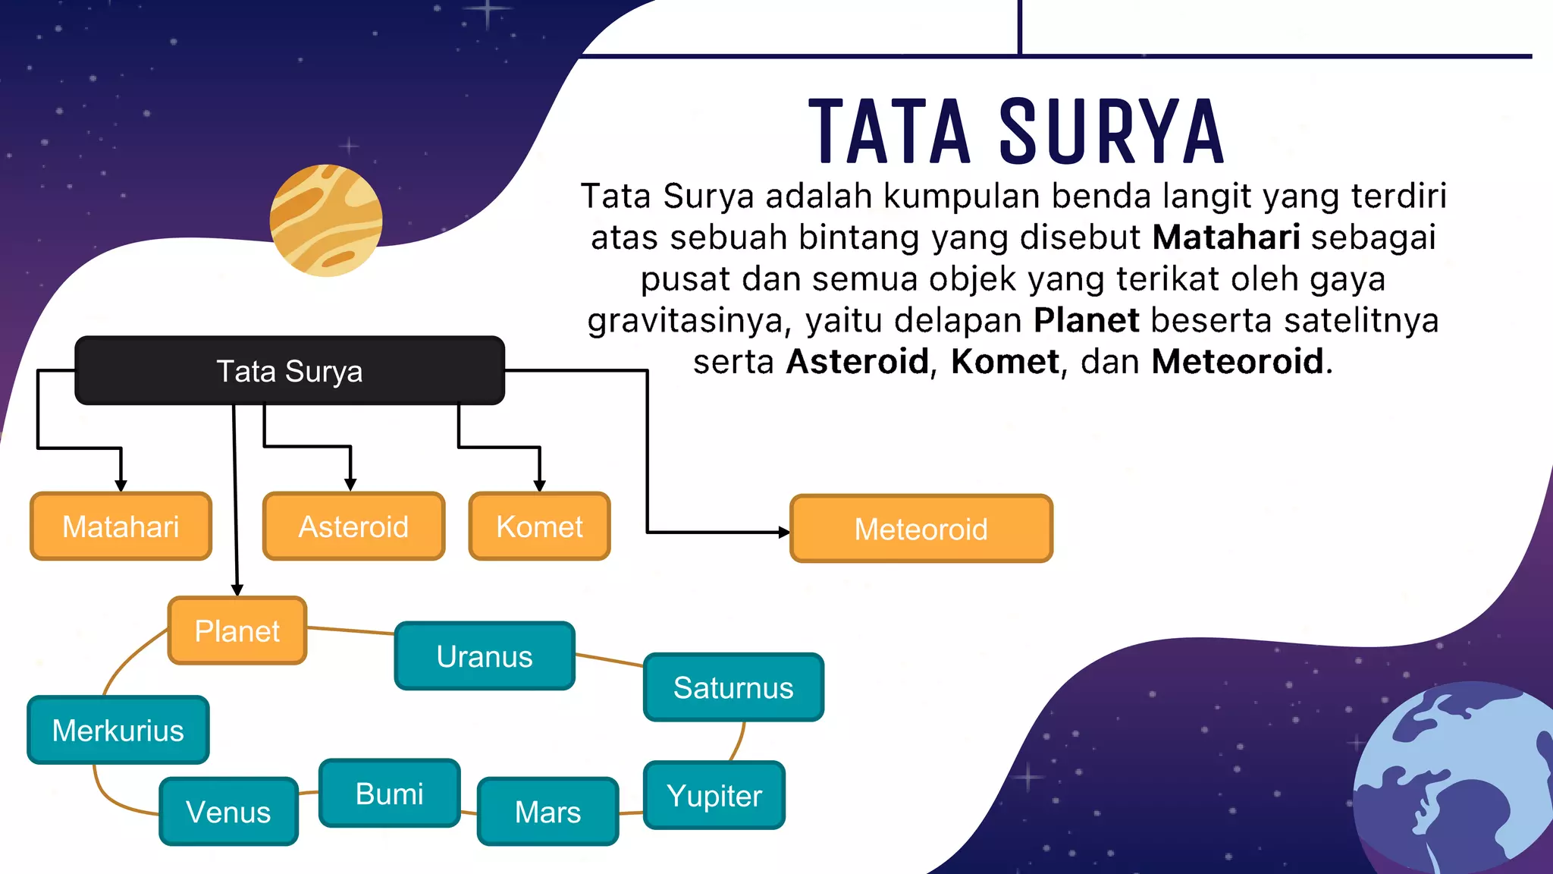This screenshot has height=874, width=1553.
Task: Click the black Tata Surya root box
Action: (290, 370)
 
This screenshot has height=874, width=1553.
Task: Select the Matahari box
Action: (121, 527)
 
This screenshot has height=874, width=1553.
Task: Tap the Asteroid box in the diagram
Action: (353, 527)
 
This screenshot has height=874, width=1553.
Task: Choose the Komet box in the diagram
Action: (539, 527)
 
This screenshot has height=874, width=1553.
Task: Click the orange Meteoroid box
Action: (921, 529)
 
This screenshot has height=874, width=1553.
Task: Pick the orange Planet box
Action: (237, 630)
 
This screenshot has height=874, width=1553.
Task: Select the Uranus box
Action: (484, 656)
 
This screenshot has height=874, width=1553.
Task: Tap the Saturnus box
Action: (733, 687)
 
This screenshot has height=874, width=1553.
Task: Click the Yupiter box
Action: (714, 795)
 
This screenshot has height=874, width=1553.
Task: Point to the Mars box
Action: (547, 812)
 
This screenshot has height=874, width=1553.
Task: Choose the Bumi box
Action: (389, 794)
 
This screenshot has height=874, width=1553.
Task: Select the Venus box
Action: (228, 812)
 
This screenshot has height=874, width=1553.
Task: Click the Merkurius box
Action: (118, 730)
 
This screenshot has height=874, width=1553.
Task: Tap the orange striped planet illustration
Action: (326, 220)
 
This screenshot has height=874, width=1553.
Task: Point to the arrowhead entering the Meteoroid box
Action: (784, 533)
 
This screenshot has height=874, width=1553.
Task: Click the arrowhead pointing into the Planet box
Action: (237, 590)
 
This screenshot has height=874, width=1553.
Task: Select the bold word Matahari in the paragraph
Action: (1226, 237)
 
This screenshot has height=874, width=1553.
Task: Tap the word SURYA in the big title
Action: (1111, 132)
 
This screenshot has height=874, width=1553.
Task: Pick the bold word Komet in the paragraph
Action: (1005, 361)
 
